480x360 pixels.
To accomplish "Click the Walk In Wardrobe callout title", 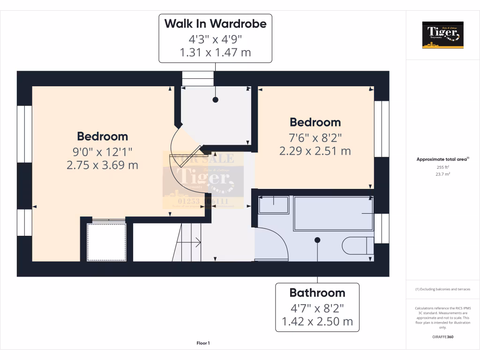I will pos(215,23).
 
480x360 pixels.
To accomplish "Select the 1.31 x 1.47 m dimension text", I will pos(215,52).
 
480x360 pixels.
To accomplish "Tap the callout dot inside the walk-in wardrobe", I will pos(216,99).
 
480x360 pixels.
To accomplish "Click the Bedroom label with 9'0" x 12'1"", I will pos(103,136).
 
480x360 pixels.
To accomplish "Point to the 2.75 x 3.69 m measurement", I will pos(103,165).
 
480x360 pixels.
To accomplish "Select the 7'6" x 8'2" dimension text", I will pos(315,137).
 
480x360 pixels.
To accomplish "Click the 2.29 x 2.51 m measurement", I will pos(315,151).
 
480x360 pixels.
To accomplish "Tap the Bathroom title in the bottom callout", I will pos(317,293).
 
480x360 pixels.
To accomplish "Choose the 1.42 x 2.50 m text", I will pos(317,322).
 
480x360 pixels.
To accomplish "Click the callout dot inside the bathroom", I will pos(317,240).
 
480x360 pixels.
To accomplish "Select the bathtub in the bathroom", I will pos(334,213).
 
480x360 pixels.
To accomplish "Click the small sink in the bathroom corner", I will pos(274,205).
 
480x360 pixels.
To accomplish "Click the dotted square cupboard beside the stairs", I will pos(107,241).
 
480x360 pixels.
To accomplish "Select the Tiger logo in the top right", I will pos(442,35).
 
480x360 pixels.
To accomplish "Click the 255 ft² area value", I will pos(442,167).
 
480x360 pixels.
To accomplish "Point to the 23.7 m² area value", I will pos(442,174).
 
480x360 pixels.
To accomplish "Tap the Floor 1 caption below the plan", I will pos(203,344).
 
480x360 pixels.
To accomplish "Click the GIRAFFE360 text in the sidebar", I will pos(442,337).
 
